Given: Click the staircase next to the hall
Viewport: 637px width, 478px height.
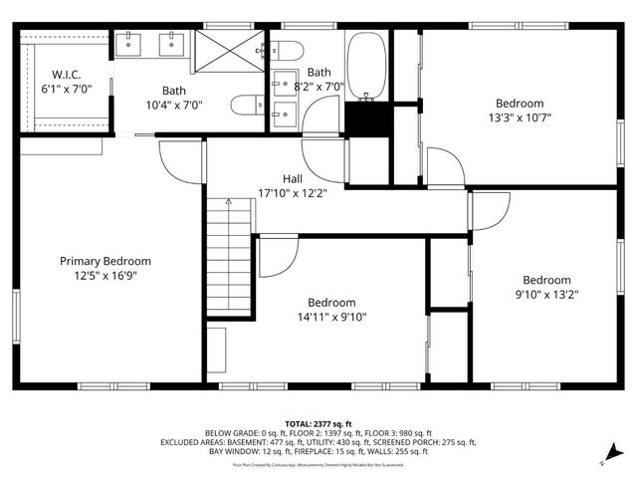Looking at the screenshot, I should click(229, 254).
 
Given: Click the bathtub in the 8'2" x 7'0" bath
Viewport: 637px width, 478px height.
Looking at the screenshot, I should click(367, 66).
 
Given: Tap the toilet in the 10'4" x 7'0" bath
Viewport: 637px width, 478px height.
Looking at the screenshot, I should click(245, 104).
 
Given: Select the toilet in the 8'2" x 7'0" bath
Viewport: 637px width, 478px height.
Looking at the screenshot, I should click(288, 51).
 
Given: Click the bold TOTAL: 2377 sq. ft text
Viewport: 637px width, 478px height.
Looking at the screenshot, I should click(318, 423).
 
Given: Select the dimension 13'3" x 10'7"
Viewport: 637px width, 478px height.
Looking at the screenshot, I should click(520, 118).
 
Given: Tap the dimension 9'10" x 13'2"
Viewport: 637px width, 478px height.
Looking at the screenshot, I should click(546, 294).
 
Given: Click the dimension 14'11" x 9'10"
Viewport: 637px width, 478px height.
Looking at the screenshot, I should click(331, 317).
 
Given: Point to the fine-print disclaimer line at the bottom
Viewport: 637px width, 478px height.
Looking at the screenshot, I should click(318, 464).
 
